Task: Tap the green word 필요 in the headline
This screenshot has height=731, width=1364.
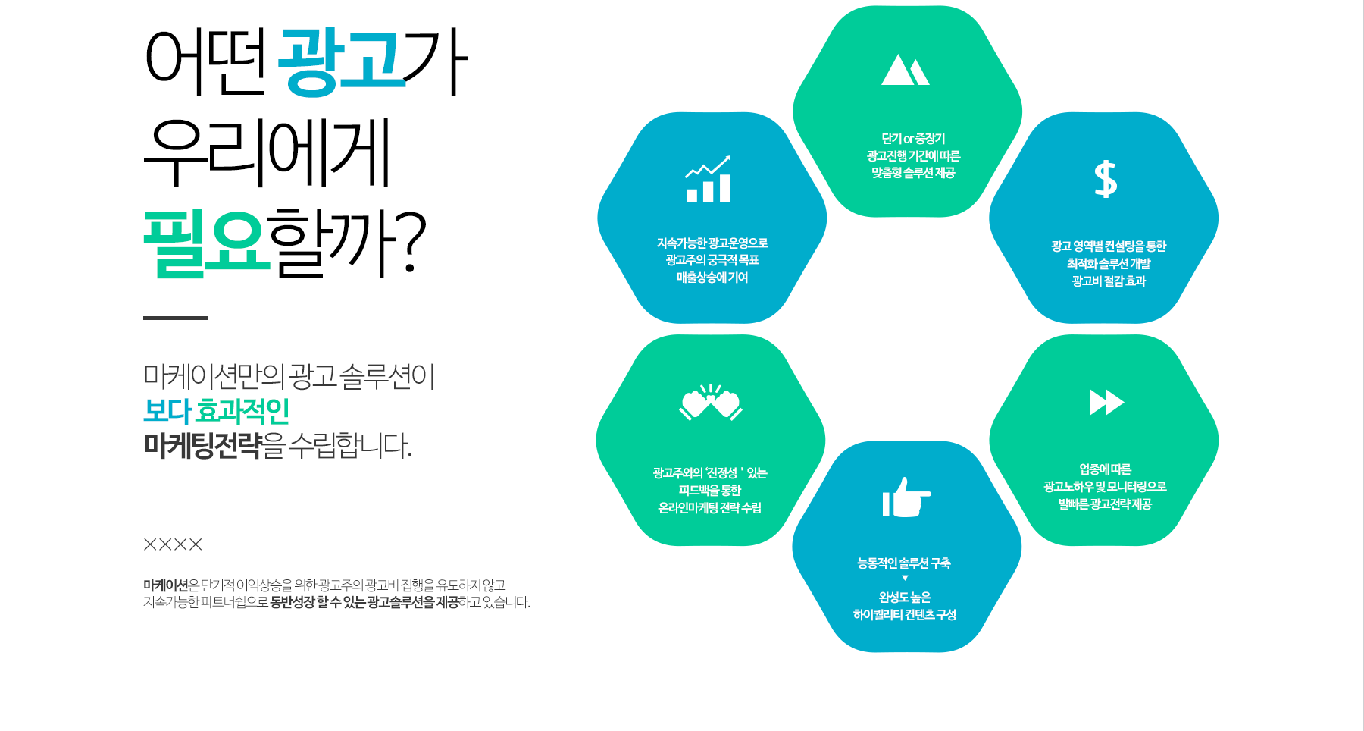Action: (x=206, y=243)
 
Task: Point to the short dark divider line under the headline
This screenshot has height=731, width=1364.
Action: (x=175, y=318)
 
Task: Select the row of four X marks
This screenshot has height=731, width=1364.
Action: (x=173, y=544)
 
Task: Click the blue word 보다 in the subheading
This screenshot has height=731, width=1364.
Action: (x=167, y=411)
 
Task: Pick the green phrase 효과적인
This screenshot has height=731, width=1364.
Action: (x=242, y=411)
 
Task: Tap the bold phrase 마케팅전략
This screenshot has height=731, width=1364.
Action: (x=202, y=445)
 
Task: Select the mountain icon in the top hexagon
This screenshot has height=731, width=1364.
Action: (x=906, y=70)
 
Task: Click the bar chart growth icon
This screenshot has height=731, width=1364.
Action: (x=709, y=179)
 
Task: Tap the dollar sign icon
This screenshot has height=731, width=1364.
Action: (x=1106, y=179)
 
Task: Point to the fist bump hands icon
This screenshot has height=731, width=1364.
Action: (x=711, y=402)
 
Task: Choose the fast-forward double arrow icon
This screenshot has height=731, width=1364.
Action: (x=1106, y=402)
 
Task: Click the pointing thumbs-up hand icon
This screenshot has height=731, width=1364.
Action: (x=906, y=497)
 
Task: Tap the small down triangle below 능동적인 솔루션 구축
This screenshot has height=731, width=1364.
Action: (x=905, y=578)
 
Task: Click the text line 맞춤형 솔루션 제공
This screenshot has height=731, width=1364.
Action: (x=913, y=173)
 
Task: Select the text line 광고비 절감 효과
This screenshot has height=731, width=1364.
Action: (x=1109, y=281)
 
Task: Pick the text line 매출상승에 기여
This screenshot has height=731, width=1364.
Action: (x=712, y=278)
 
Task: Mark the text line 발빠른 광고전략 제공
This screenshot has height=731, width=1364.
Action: (x=1105, y=504)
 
